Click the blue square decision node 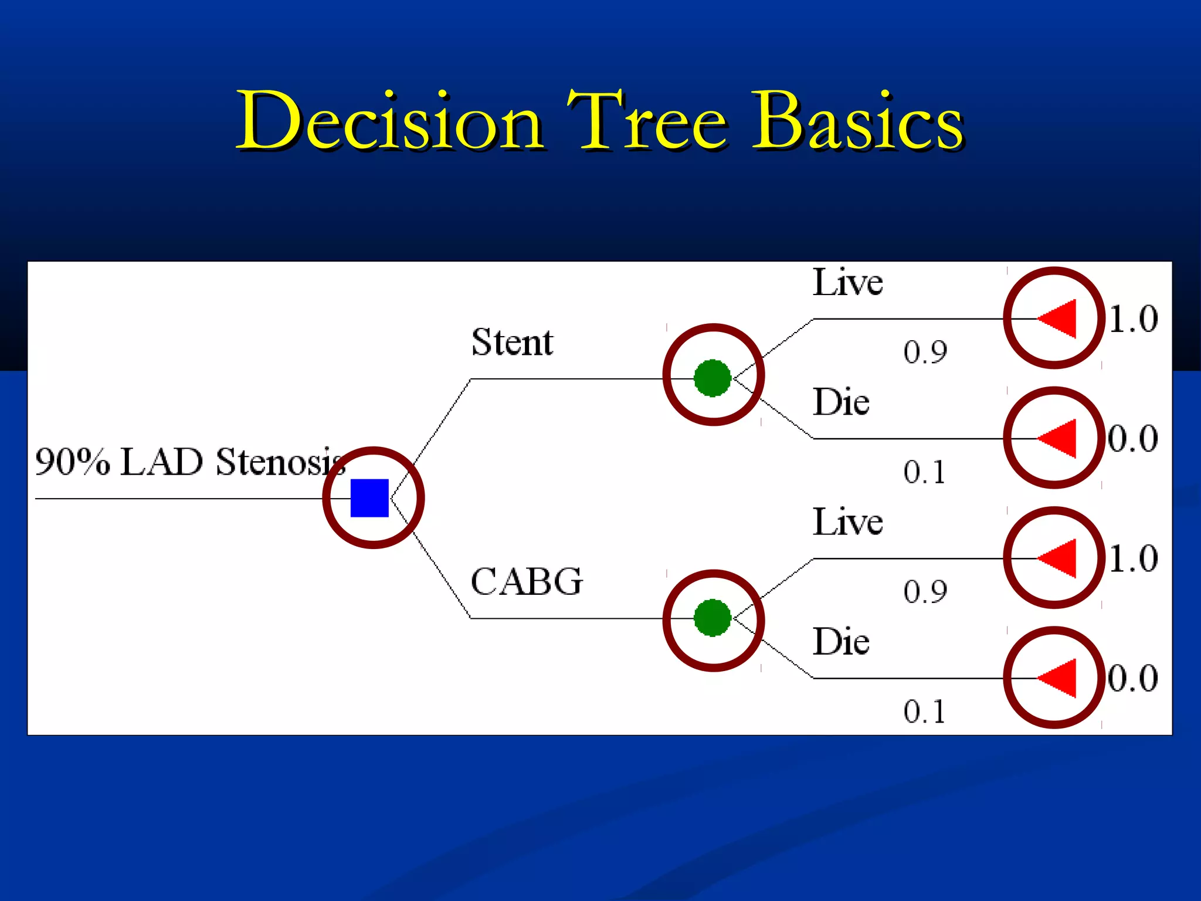tap(369, 498)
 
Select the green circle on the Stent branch tap(713, 378)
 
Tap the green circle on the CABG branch tap(713, 617)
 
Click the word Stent tap(512, 343)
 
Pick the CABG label tap(527, 582)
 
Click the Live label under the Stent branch tap(847, 283)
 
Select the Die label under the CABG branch tap(841, 642)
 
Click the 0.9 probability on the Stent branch tap(925, 353)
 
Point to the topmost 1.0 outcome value tap(1134, 320)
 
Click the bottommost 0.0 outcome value tap(1133, 679)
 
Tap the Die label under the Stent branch tap(841, 402)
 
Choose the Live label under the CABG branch tap(847, 522)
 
